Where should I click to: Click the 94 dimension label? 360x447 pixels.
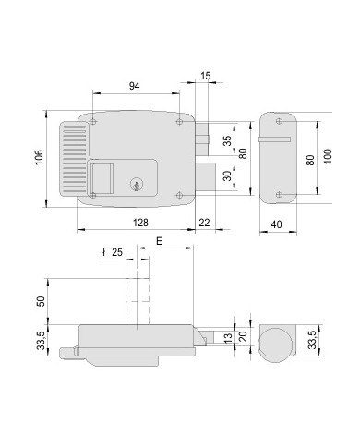[134, 86]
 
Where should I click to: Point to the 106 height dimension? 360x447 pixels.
[39, 158]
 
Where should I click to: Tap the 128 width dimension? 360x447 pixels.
[139, 223]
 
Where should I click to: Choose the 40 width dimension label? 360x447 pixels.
[278, 223]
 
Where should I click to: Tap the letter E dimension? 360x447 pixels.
[159, 241]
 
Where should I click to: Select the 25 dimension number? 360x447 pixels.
[117, 252]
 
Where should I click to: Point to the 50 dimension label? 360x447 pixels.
[40, 302]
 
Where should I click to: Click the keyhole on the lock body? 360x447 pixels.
[138, 187]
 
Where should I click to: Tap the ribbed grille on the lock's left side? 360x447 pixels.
[74, 154]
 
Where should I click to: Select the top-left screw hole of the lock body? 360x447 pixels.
[93, 119]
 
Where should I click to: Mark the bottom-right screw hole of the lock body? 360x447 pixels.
[179, 195]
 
